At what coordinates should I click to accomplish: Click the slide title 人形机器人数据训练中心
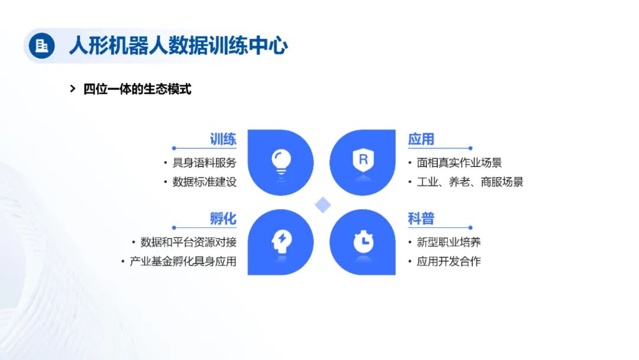178,46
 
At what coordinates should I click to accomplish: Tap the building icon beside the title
41,46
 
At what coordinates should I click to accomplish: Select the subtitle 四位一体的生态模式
137,89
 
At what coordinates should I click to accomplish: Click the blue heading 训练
223,139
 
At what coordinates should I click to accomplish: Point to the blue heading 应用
421,139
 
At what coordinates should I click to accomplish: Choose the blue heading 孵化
223,218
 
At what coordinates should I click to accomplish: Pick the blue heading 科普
421,218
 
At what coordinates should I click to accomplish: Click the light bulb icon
280,160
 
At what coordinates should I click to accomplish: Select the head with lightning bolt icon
280,241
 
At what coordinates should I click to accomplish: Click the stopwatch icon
363,241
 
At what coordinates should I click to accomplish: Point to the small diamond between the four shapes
322,205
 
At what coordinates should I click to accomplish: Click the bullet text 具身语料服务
204,163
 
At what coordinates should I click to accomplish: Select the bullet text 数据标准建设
204,182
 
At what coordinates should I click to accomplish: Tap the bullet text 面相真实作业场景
459,163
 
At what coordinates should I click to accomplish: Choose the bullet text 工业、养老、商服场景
470,182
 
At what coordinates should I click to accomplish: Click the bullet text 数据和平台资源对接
188,242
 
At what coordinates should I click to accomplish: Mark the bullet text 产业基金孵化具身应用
183,261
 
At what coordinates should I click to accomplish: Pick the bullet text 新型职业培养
448,242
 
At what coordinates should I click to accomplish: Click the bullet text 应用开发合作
448,261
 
